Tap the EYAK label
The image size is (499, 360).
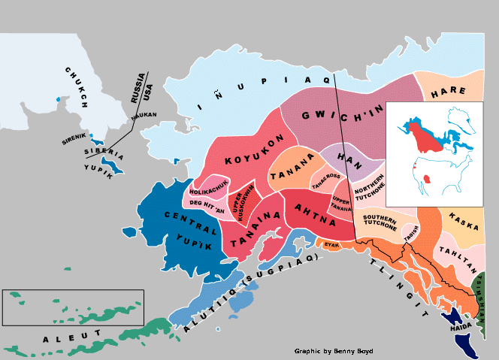click(331, 245)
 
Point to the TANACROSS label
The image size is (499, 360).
click(326, 177)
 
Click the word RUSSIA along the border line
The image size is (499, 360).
click(137, 89)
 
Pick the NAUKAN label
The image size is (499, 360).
click(144, 116)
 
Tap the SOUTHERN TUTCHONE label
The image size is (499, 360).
click(380, 222)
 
